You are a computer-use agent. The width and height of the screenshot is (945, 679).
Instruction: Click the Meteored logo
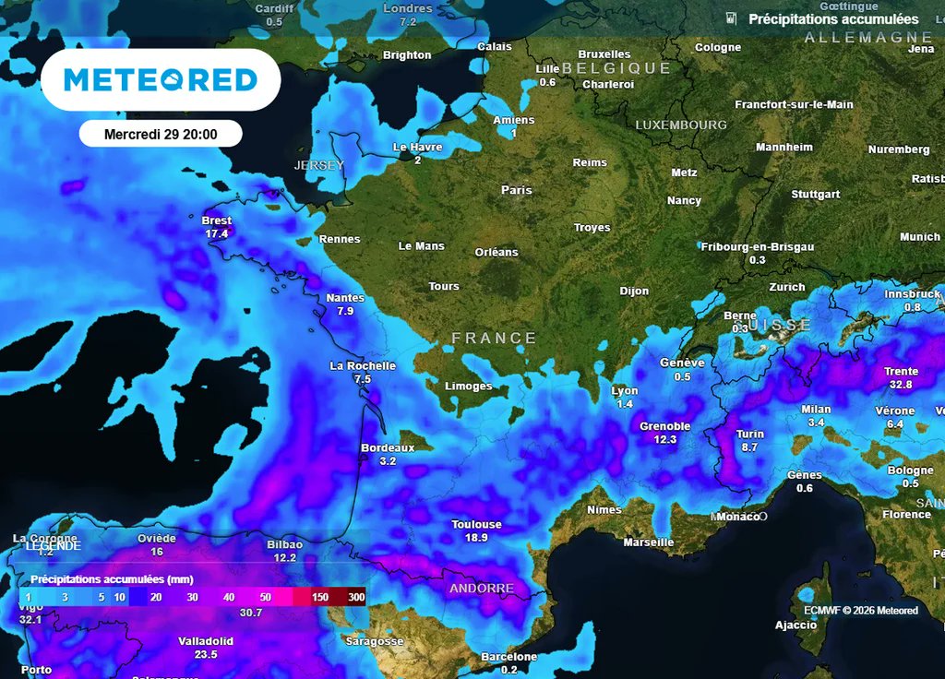coord(161,80)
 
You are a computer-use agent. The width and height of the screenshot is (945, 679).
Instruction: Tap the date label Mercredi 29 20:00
coord(161,134)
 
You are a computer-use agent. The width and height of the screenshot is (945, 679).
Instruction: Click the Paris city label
coord(517,190)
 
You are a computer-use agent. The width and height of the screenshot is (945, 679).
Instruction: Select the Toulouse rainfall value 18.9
coord(476,537)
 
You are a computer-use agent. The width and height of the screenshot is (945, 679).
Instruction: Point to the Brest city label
coord(217,221)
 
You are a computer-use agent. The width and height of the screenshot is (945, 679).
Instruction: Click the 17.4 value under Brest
coord(217,234)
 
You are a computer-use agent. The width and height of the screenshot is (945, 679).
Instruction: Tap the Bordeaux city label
coord(387,447)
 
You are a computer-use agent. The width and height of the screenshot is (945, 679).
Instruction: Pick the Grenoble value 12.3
coord(664,440)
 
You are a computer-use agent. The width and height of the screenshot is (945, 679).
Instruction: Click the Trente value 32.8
coord(901,385)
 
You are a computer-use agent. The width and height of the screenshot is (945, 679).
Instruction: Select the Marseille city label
coord(649,542)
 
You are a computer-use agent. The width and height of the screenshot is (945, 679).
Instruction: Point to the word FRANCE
coord(494,339)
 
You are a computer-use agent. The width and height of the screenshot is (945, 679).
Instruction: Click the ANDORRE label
coord(481,589)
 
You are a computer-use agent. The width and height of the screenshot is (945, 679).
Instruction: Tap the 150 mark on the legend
coord(319,598)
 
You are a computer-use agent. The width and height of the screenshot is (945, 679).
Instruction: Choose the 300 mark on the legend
coord(356,598)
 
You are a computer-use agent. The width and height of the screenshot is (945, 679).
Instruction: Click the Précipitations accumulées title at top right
coord(833,19)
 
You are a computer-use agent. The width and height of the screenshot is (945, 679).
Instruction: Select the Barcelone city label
coord(508,657)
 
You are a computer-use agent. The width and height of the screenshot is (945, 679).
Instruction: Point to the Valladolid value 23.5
coord(206,654)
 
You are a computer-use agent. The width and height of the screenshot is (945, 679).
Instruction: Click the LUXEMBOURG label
coord(681,125)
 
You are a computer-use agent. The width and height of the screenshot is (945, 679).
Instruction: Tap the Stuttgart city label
coord(815,195)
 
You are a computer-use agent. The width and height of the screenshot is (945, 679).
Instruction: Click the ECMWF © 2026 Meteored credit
coord(860,611)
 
